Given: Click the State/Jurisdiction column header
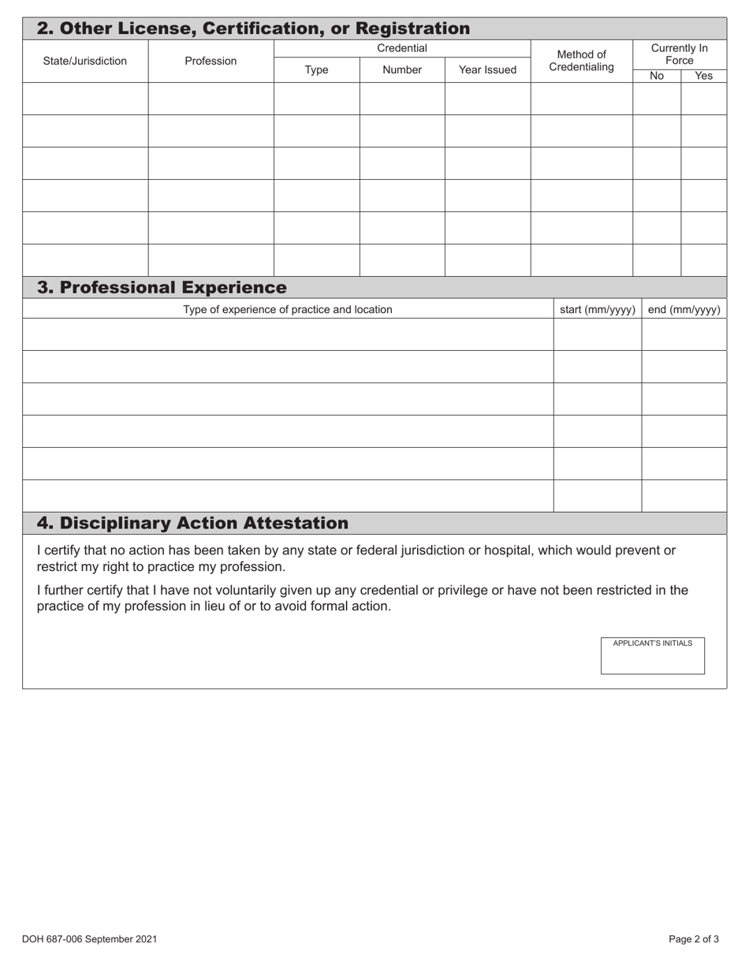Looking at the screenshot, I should point(84,61).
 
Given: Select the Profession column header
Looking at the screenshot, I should point(211,61).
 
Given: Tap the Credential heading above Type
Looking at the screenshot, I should point(401,48).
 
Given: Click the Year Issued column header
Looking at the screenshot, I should point(487,69).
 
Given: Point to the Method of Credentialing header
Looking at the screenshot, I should point(581,61).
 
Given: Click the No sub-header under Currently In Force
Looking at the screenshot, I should point(656,76).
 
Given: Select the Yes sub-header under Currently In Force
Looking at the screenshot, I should point(703,76).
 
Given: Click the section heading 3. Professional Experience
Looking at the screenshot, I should point(162,287).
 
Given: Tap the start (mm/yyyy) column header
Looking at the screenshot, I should point(597,309).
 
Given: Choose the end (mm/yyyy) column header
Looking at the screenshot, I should point(684,309).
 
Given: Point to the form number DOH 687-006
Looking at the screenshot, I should point(89,938).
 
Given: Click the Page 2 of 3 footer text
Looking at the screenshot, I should point(693,938).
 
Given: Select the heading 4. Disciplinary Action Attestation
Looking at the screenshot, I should point(192,523).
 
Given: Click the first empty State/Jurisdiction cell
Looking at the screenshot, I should point(84,99).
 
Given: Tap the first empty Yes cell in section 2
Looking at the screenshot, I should point(703,99).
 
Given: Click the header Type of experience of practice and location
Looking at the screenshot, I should point(287,309).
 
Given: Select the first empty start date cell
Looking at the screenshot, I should point(597,334).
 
